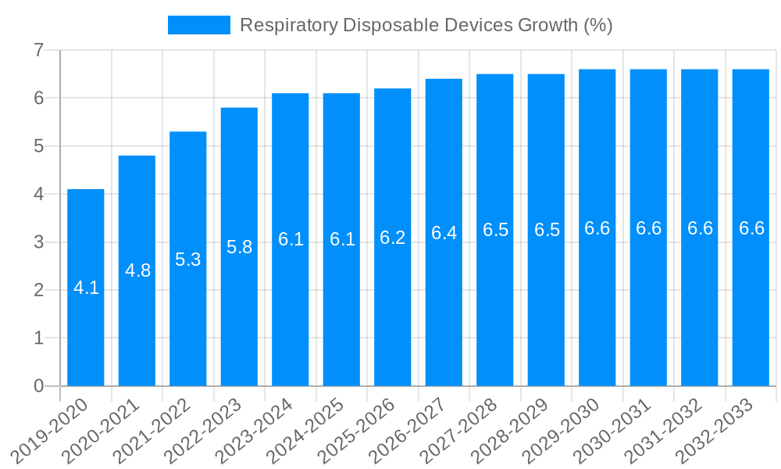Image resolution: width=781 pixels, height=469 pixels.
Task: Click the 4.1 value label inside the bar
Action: (86, 288)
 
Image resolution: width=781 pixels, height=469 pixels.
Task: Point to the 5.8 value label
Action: (239, 247)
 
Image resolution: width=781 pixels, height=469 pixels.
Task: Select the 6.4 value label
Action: (444, 233)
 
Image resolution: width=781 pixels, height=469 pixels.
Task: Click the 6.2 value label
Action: (393, 238)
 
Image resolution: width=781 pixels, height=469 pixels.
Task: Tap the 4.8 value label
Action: (137, 270)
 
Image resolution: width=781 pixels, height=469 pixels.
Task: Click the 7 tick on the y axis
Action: (38, 51)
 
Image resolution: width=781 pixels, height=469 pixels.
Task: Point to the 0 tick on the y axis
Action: (38, 386)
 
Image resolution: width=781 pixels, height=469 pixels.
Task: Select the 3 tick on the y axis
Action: (38, 242)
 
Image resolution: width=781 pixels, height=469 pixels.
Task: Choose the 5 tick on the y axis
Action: (38, 146)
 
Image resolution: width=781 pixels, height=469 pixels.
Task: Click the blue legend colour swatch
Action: (199, 25)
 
